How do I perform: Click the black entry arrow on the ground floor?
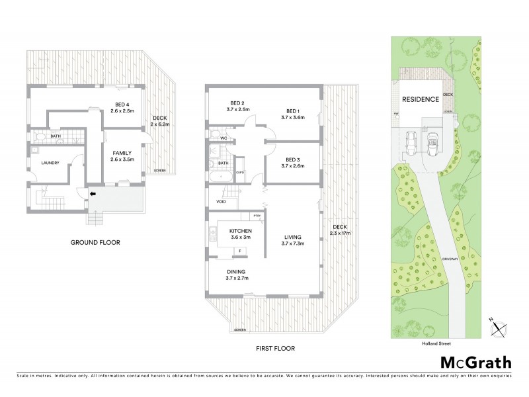click(x=94, y=194)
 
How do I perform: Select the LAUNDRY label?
click(x=50, y=163)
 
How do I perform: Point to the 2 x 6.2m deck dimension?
click(x=160, y=124)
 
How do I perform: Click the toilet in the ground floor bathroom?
click(x=39, y=138)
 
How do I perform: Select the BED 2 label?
click(x=238, y=103)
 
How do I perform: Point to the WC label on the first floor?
click(x=224, y=138)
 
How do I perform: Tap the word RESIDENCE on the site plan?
click(x=421, y=99)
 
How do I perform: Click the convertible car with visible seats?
click(x=434, y=142)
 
